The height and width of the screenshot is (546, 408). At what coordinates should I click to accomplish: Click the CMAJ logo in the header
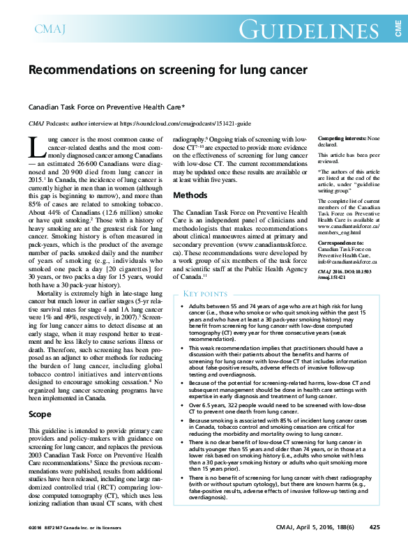[47, 29]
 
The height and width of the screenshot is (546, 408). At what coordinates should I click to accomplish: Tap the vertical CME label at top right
[398, 28]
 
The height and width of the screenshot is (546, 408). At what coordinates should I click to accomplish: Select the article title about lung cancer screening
[167, 70]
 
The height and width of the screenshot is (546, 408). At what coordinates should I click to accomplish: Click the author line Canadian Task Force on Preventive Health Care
[106, 107]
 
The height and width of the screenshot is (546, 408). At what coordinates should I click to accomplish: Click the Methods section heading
[190, 195]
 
